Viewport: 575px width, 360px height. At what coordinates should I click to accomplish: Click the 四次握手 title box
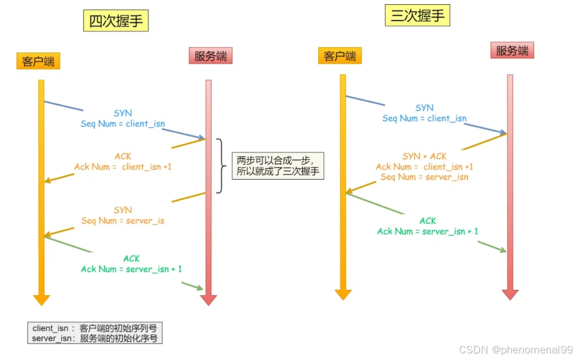click(x=115, y=21)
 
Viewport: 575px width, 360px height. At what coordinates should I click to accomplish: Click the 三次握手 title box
click(x=417, y=16)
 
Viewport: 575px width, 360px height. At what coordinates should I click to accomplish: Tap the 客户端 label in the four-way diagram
click(x=38, y=61)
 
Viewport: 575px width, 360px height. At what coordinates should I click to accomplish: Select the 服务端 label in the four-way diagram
click(x=211, y=56)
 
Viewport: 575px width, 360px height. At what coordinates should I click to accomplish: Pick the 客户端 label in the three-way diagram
click(x=340, y=56)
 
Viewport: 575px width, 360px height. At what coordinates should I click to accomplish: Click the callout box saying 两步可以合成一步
click(x=278, y=166)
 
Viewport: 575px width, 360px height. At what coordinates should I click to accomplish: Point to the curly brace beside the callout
click(x=221, y=166)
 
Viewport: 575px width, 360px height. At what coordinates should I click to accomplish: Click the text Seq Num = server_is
click(x=123, y=221)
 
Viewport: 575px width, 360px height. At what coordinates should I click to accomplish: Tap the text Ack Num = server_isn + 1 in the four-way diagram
click(x=131, y=269)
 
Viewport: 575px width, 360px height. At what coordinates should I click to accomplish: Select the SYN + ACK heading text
click(x=424, y=156)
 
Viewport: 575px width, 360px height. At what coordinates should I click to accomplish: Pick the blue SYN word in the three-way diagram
click(x=424, y=108)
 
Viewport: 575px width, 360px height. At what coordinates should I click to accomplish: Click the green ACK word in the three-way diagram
click(x=428, y=221)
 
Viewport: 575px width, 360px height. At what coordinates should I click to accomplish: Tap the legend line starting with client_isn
click(x=94, y=328)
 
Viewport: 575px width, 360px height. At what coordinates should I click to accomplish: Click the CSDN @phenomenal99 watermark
click(x=515, y=349)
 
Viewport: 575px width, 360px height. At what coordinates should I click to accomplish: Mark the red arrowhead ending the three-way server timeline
click(x=510, y=295)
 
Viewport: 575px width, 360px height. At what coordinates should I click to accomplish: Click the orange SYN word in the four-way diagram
click(x=123, y=210)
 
